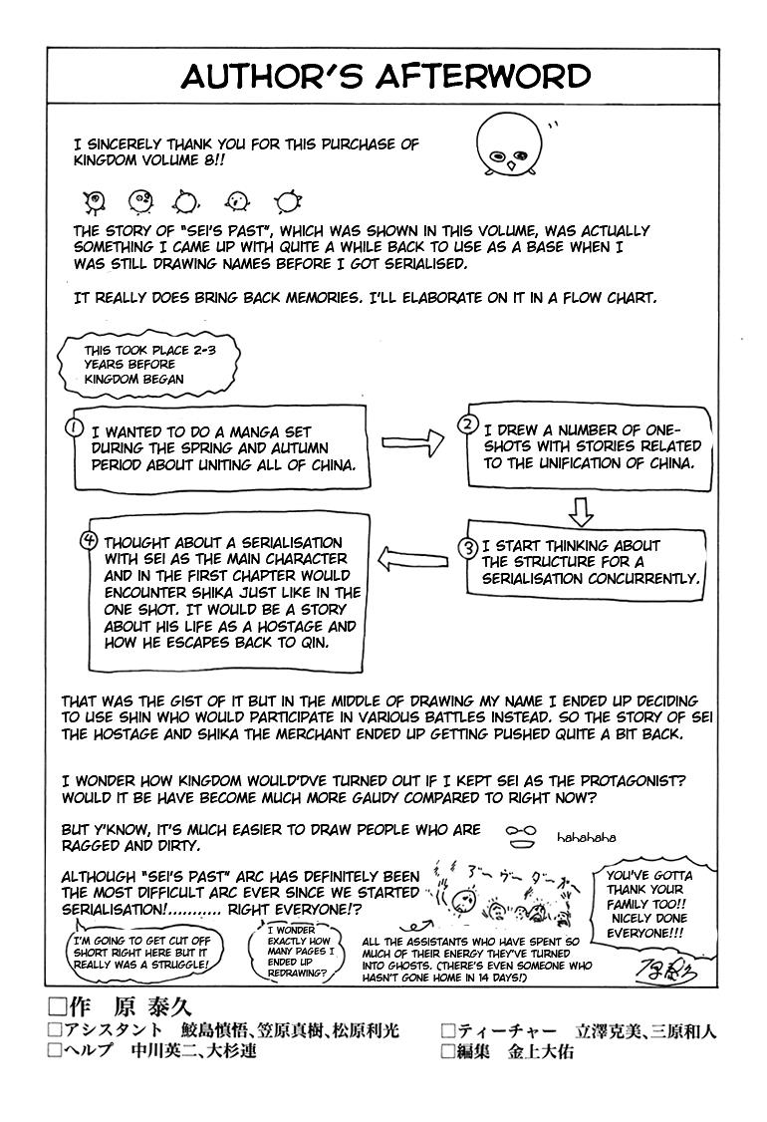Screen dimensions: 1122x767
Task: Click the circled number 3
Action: (x=466, y=547)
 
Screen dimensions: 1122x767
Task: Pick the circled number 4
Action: (x=89, y=541)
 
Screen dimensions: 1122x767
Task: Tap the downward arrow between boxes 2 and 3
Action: (x=581, y=510)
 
